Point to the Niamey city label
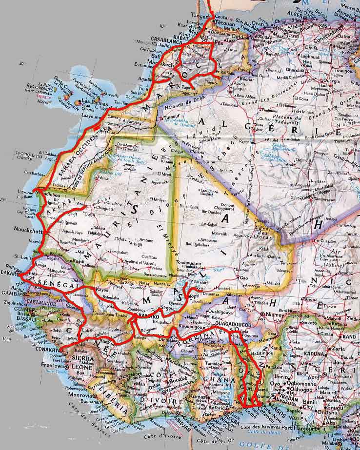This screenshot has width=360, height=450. click(279, 314)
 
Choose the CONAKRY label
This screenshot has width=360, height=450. click(48, 350)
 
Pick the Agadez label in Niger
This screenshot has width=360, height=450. click(345, 274)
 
